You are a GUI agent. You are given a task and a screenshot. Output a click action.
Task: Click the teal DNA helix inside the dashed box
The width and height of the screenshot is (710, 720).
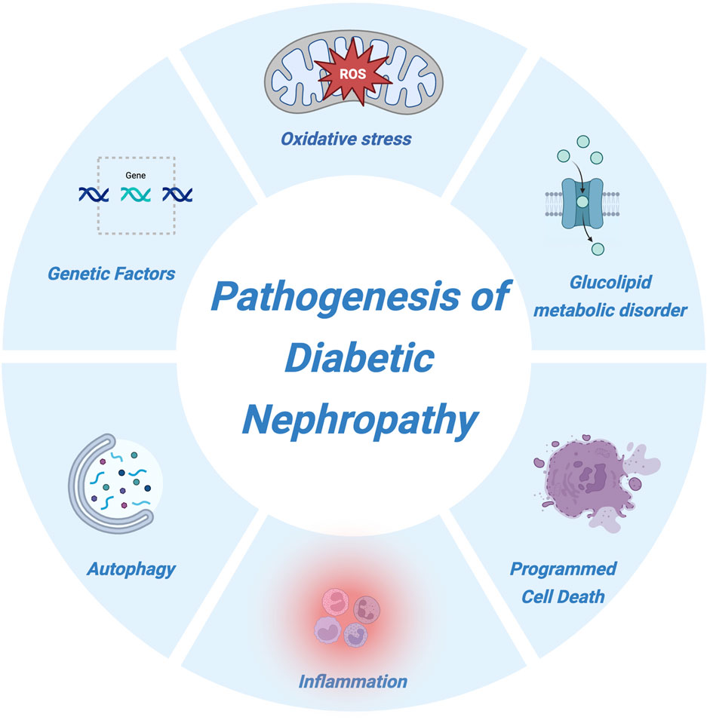(136, 195)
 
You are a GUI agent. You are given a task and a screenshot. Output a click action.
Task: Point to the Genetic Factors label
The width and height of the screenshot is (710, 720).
(111, 272)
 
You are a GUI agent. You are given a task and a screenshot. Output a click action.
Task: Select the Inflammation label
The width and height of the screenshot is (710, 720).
(353, 682)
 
